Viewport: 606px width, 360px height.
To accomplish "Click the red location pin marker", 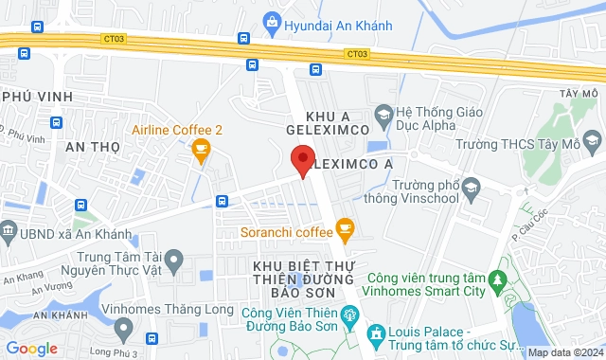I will click(302, 161).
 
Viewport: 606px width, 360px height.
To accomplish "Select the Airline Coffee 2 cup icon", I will click(200, 149).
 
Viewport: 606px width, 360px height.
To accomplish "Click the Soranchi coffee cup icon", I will click(345, 227).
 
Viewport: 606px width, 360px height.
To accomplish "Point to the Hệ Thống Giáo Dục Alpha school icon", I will click(383, 116).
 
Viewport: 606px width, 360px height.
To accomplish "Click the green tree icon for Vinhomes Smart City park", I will click(495, 279).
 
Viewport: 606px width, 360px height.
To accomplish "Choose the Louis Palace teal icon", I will click(376, 333).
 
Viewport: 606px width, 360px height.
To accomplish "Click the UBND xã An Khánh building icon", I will click(9, 231).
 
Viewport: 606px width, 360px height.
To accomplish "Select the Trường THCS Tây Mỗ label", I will click(527, 145).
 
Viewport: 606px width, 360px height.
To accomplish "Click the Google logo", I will click(31, 348).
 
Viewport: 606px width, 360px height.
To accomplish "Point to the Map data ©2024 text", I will click(564, 352).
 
